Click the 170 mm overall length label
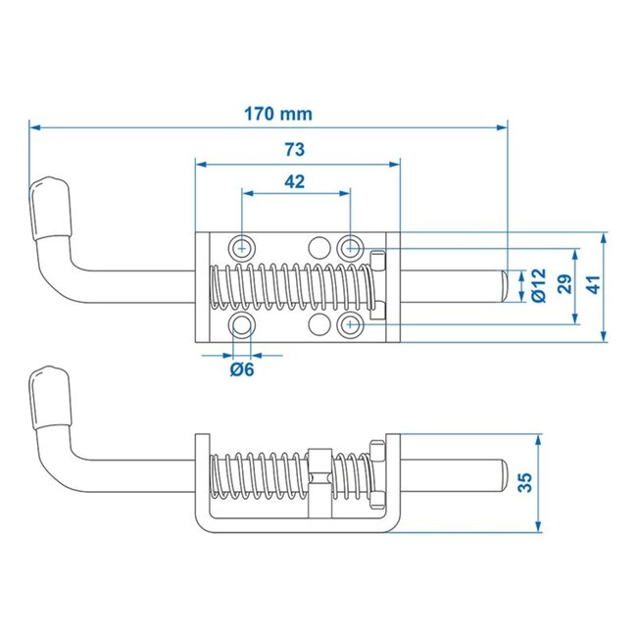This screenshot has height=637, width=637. point(277,114)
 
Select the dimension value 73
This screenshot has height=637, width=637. point(294,149)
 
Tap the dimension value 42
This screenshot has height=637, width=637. point(295,181)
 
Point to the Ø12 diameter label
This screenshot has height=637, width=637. point(538,283)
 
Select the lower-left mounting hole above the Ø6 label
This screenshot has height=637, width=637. point(242,323)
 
